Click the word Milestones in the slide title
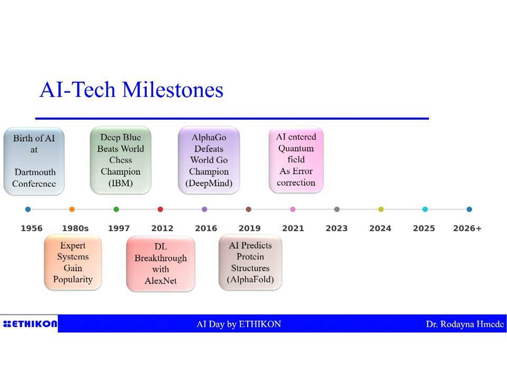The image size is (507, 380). (x=173, y=90)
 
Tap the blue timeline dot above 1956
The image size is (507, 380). (x=28, y=210)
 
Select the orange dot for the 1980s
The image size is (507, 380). (x=72, y=210)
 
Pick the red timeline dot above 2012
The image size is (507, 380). (x=160, y=210)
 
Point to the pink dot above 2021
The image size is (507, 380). (x=293, y=210)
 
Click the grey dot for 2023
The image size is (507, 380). (x=337, y=210)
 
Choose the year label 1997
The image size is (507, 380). (x=119, y=229)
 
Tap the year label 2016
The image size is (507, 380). (x=206, y=229)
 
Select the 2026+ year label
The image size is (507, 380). (x=467, y=229)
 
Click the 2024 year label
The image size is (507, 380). (x=380, y=229)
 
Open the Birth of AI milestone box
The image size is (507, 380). (x=34, y=161)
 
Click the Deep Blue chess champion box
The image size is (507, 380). (x=120, y=160)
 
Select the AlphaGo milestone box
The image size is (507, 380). (x=209, y=160)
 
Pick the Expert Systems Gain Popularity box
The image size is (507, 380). (x=73, y=262)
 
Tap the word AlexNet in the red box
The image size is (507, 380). (x=161, y=281)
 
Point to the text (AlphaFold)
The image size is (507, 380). (x=250, y=280)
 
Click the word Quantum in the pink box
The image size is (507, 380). (x=296, y=149)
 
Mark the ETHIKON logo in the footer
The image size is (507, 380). (x=30, y=324)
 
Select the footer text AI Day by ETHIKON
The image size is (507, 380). (x=239, y=324)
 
